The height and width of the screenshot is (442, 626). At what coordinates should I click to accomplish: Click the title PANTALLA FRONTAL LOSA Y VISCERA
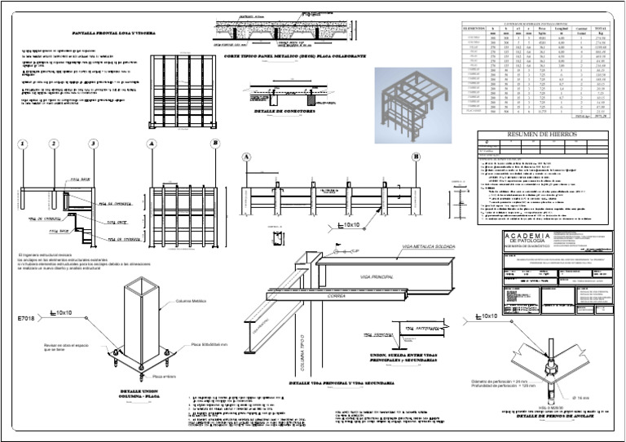coord(109,33)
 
